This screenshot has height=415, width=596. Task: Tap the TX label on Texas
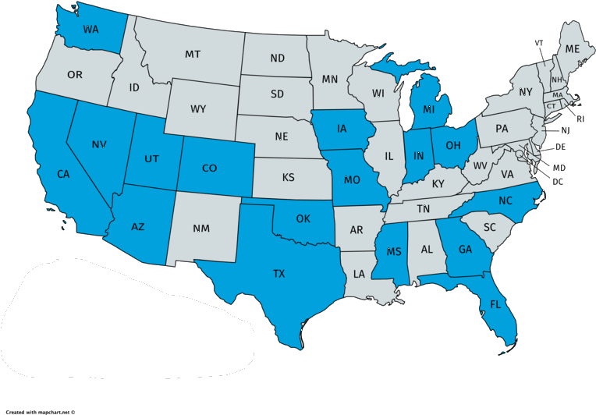(278, 274)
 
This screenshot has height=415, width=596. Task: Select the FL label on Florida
(495, 305)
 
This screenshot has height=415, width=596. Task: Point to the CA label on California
(64, 175)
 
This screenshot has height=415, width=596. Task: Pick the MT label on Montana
(193, 55)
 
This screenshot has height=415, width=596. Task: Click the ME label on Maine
(573, 48)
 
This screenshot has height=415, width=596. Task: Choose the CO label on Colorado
(209, 168)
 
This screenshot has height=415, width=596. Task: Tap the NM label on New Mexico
(200, 229)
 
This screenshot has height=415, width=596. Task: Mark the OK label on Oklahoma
(303, 218)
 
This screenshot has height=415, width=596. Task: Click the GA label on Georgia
(466, 250)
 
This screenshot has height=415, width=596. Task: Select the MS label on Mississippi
(393, 252)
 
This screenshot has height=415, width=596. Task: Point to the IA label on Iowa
(342, 129)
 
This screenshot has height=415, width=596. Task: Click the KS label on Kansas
(288, 178)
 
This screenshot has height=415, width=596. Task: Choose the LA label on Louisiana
(359, 274)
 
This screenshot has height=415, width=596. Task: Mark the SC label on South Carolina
(490, 227)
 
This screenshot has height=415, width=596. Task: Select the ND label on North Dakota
(277, 59)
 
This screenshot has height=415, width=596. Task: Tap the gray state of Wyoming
(198, 108)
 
